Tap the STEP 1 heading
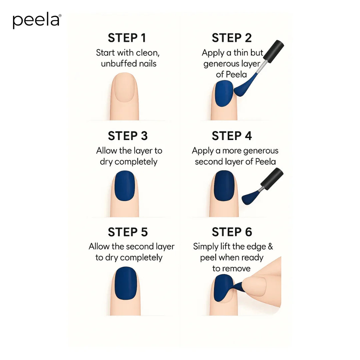click(127, 38)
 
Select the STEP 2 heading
click(232, 38)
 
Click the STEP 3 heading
click(128, 136)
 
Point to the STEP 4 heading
click(232, 136)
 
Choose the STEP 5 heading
click(128, 232)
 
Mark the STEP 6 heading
click(232, 232)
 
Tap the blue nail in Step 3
click(125, 186)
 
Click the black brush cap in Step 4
click(272, 178)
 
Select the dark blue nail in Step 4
click(224, 186)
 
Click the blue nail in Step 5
click(126, 283)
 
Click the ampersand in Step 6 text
click(270, 247)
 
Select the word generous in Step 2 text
click(222, 64)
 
